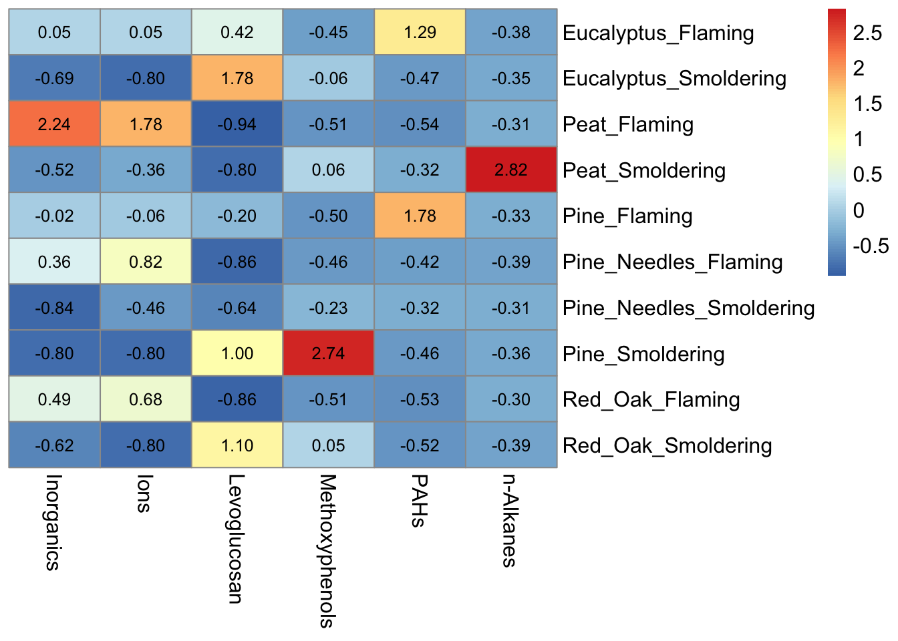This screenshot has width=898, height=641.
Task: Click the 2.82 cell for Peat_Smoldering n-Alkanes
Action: click(511, 170)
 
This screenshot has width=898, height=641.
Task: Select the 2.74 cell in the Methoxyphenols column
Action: click(328, 354)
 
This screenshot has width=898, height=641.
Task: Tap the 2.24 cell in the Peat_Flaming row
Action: click(54, 124)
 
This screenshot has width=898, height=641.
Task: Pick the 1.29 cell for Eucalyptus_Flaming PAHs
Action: click(420, 33)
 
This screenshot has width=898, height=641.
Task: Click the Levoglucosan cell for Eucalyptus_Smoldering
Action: click(237, 79)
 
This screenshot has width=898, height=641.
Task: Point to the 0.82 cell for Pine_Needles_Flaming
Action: click(146, 262)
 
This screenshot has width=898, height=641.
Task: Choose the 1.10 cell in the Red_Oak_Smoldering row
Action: click(237, 445)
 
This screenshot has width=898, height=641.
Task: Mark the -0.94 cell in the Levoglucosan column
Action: click(237, 124)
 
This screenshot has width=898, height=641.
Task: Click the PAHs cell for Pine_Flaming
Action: click(420, 216)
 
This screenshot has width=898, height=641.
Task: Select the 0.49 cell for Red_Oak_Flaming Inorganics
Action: click(54, 400)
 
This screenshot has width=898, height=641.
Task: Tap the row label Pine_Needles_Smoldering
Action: click(688, 308)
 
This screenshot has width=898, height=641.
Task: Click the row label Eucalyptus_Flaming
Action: click(658, 33)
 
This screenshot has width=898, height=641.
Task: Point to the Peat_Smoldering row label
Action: click(644, 171)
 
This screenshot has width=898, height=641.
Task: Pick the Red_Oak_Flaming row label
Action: click(651, 400)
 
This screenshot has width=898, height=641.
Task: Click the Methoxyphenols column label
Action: click(327, 551)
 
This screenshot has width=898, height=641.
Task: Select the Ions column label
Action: click(144, 493)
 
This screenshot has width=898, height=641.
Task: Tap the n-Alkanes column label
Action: click(510, 521)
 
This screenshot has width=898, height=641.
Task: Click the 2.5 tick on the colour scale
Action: click(867, 33)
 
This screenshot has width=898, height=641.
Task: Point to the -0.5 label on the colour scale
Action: click(871, 246)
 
